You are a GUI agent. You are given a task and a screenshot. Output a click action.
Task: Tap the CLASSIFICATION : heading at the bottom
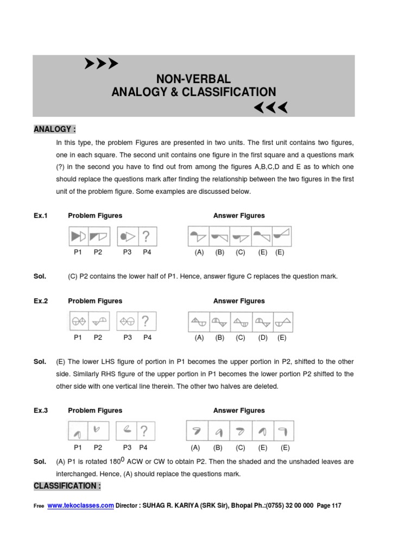click(x=67, y=485)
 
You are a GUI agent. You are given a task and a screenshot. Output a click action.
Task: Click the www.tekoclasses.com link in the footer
click(x=80, y=505)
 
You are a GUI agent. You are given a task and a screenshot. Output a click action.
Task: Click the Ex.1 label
click(x=41, y=216)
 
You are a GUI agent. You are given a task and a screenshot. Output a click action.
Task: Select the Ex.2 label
click(x=41, y=301)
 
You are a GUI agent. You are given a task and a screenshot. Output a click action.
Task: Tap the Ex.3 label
click(x=41, y=410)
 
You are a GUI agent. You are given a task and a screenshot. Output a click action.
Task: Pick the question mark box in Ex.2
click(x=146, y=321)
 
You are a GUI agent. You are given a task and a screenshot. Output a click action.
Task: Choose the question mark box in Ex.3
click(x=144, y=431)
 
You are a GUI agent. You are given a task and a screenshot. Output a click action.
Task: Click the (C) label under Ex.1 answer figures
click(x=240, y=252)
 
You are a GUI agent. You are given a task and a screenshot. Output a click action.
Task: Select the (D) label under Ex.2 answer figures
click(x=263, y=337)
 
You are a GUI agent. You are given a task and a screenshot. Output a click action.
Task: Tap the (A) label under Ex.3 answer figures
click(x=195, y=448)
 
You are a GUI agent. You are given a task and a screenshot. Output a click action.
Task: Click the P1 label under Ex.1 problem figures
click(x=78, y=252)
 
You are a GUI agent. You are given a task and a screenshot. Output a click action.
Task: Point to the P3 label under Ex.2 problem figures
click(x=128, y=337)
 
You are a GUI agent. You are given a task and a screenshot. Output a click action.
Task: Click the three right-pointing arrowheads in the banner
click(x=102, y=64)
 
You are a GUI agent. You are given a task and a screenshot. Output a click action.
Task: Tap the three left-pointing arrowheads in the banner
click(x=270, y=108)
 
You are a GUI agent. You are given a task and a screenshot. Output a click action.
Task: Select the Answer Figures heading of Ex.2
click(x=239, y=301)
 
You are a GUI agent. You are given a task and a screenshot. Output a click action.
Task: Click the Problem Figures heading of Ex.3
click(x=95, y=410)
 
